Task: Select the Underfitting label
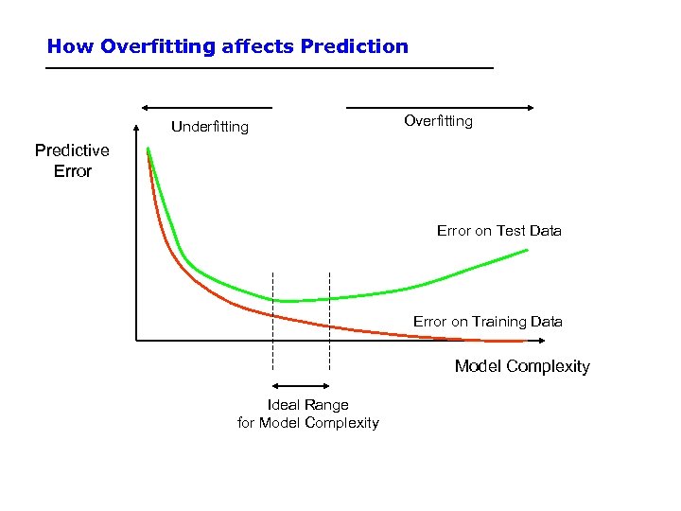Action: tap(209, 127)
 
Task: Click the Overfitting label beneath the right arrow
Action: tap(438, 121)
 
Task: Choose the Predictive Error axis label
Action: tap(72, 161)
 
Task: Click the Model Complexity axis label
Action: tap(522, 366)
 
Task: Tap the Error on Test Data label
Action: tap(498, 231)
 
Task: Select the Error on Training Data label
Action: tap(487, 322)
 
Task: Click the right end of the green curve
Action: tap(527, 250)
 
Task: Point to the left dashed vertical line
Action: tap(272, 322)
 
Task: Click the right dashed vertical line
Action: tap(329, 322)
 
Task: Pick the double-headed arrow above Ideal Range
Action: tap(301, 385)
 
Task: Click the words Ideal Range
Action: tap(307, 405)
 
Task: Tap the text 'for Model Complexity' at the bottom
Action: tap(307, 423)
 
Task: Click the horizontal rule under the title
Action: tap(270, 69)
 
